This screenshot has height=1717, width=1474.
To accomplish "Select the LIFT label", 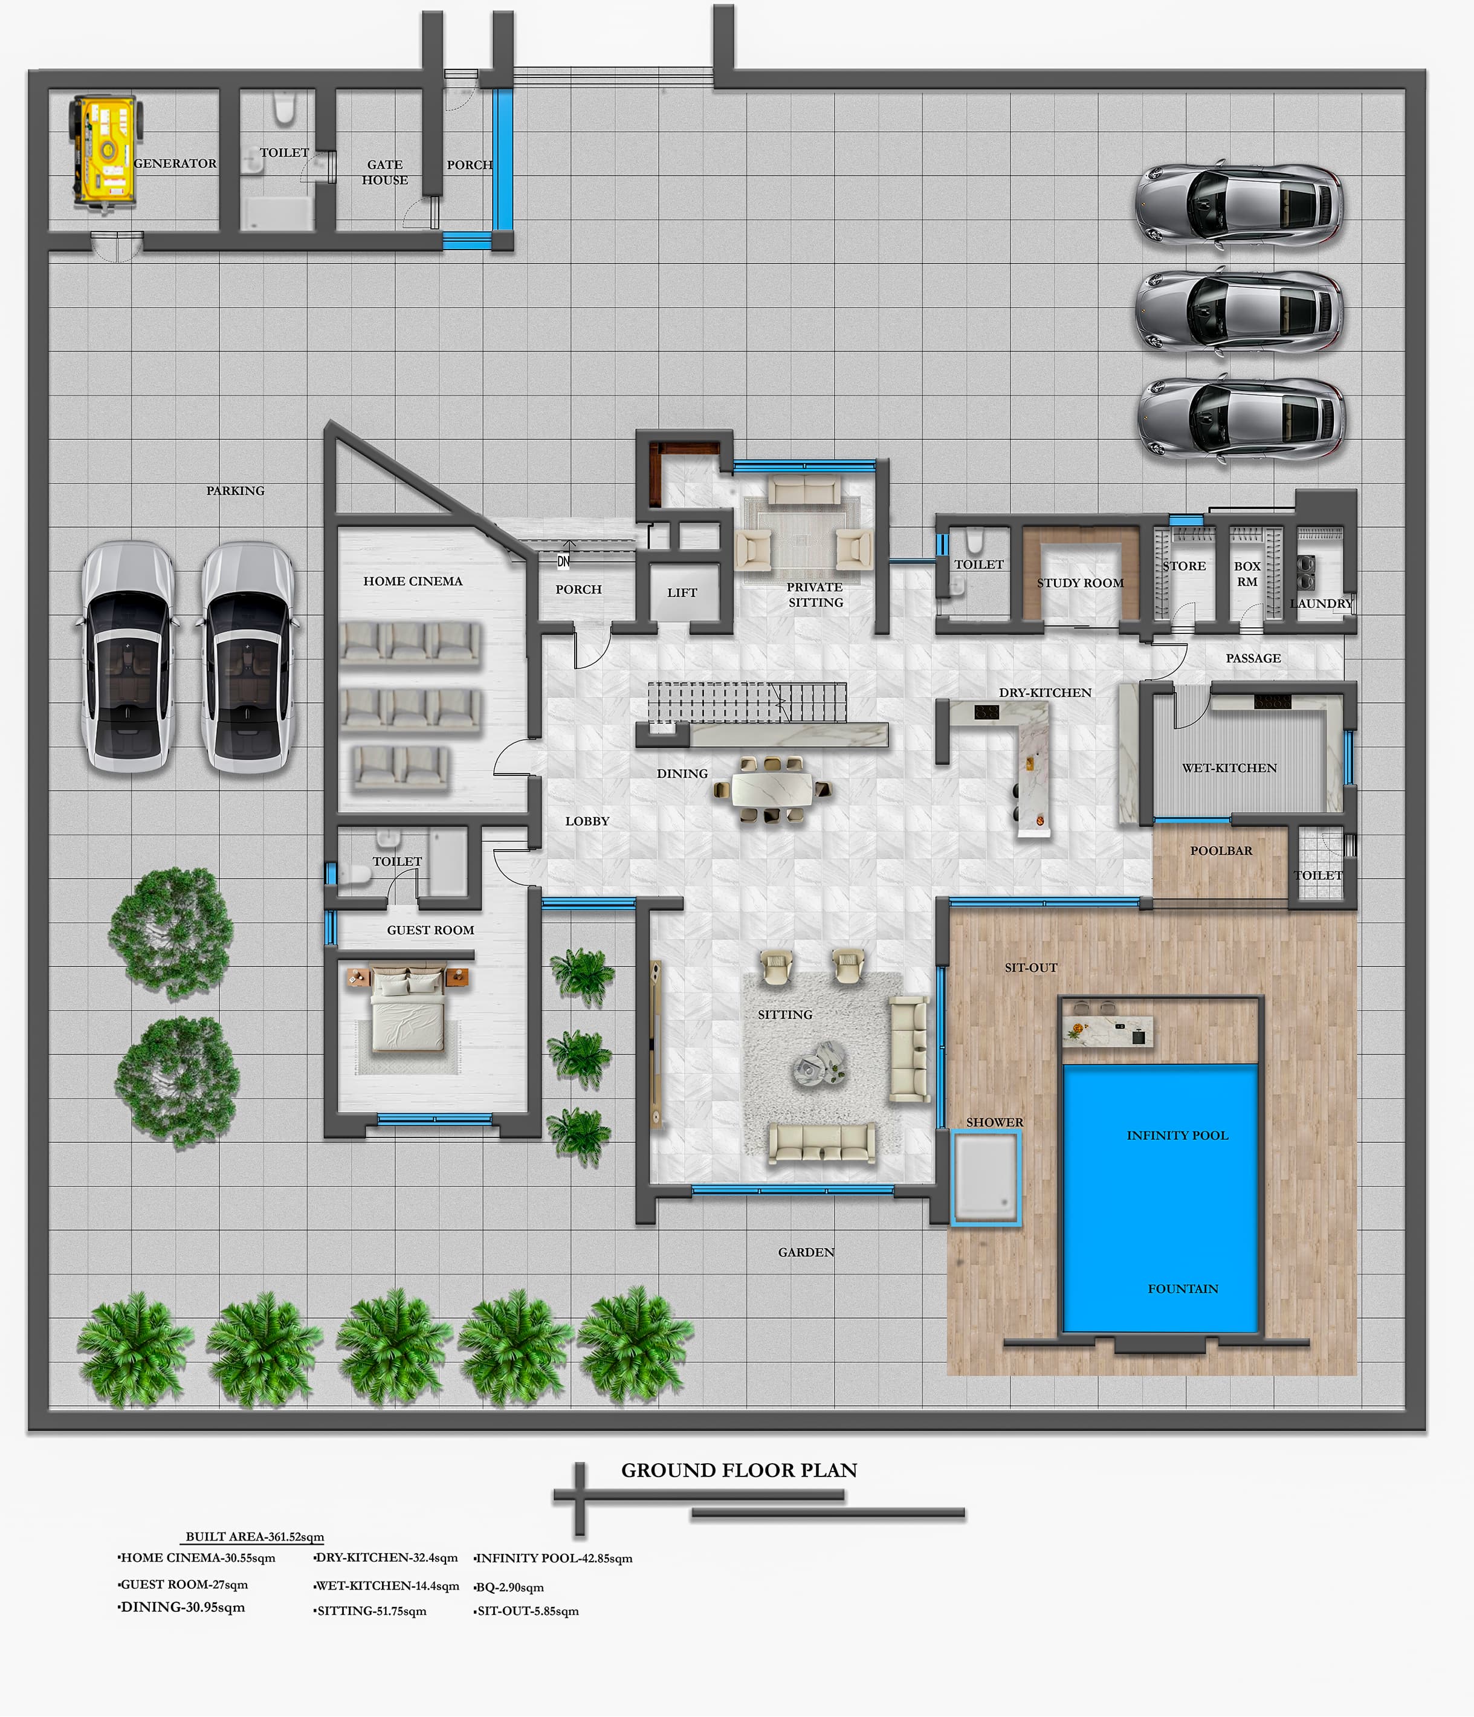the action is (x=682, y=592).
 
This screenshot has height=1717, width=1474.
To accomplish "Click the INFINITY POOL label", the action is (x=1177, y=1135).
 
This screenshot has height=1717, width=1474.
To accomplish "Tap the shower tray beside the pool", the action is (x=985, y=1177).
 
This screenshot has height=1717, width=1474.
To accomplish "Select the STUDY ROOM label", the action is (x=1081, y=583).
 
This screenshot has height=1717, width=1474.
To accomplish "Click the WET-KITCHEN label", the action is (x=1230, y=768).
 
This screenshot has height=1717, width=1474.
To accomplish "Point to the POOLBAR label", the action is (x=1221, y=851).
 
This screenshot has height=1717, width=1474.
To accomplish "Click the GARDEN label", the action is (x=806, y=1252).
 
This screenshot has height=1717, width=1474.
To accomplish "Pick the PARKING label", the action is (x=235, y=491).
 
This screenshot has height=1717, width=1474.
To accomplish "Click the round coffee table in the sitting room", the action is (x=819, y=1062).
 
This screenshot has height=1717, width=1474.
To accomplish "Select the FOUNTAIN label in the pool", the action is (x=1183, y=1289).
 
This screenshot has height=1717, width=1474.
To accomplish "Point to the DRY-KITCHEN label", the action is (x=1045, y=693).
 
